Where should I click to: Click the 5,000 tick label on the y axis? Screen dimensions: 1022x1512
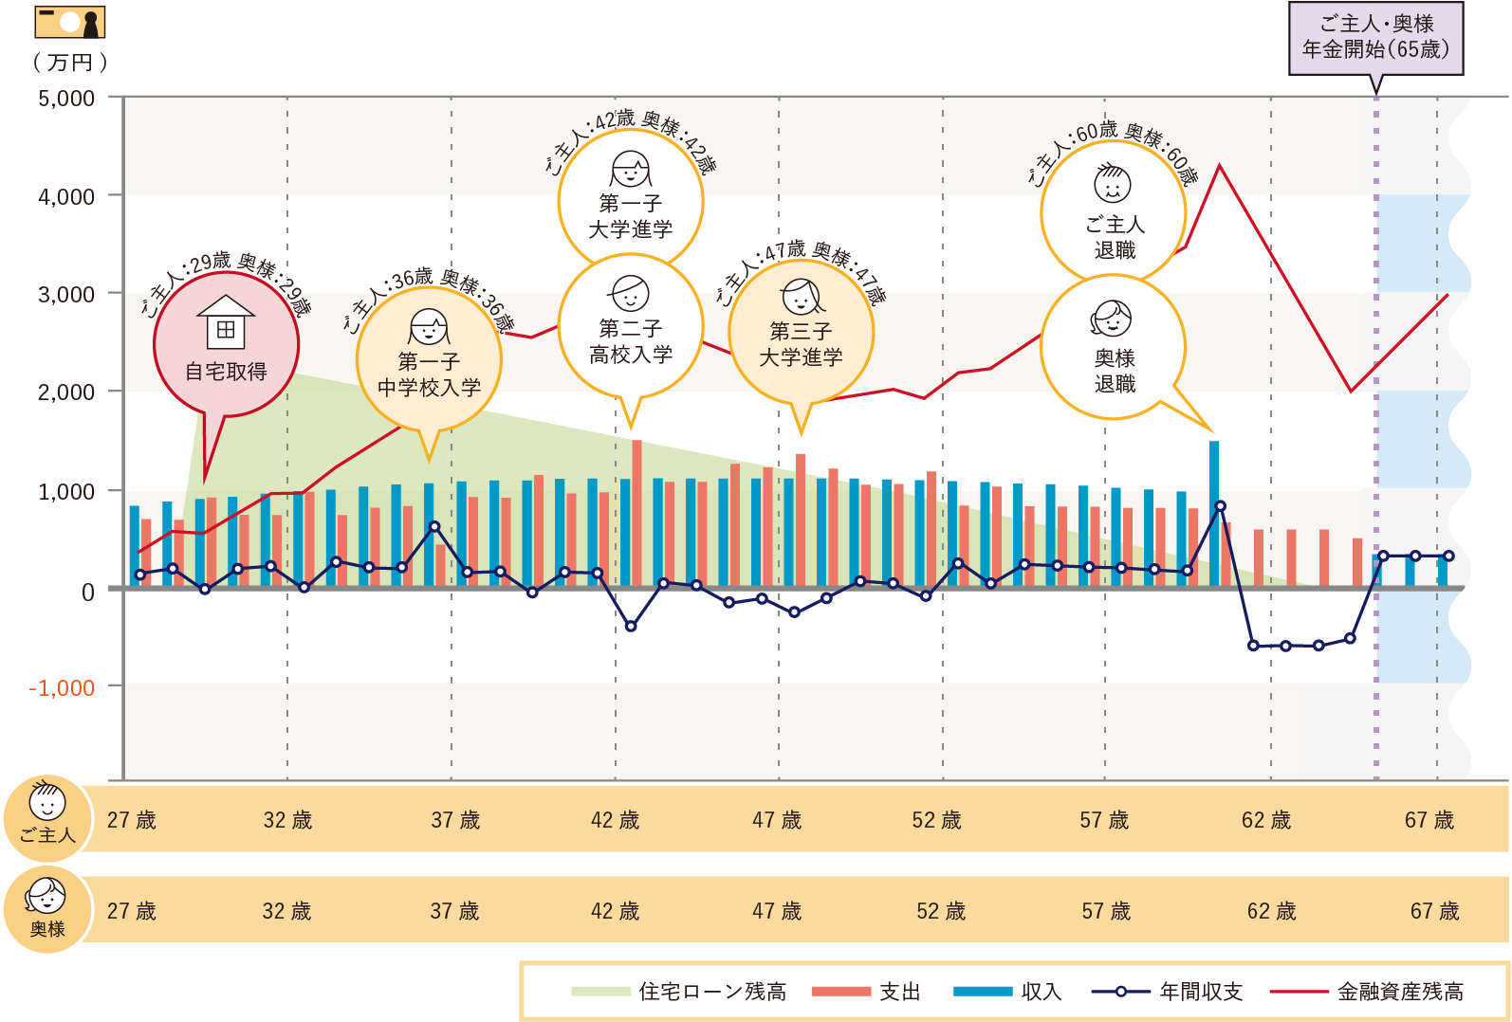[66, 99]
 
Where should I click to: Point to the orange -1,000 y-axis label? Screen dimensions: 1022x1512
[63, 688]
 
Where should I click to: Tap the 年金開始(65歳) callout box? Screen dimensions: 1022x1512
[1375, 38]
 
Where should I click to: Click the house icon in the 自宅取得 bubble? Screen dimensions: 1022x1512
[226, 321]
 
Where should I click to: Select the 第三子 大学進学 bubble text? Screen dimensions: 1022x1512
[801, 344]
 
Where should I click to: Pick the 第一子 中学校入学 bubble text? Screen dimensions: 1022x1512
[429, 374]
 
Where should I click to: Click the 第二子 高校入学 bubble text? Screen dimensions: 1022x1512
[631, 341]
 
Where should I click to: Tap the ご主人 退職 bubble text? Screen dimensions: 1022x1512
[1115, 237]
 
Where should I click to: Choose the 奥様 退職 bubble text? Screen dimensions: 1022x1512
[1115, 371]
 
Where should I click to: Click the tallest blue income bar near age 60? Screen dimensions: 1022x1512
[1214, 512]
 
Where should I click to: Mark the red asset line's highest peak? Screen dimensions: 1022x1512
[1220, 166]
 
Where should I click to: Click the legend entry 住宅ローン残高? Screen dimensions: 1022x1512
[678, 992]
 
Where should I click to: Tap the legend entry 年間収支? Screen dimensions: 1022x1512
[1168, 992]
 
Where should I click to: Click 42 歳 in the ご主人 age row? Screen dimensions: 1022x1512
[615, 820]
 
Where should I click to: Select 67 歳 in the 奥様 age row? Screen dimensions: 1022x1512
[1434, 911]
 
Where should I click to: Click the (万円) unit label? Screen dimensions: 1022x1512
[69, 63]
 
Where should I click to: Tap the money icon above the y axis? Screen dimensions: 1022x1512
[69, 22]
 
